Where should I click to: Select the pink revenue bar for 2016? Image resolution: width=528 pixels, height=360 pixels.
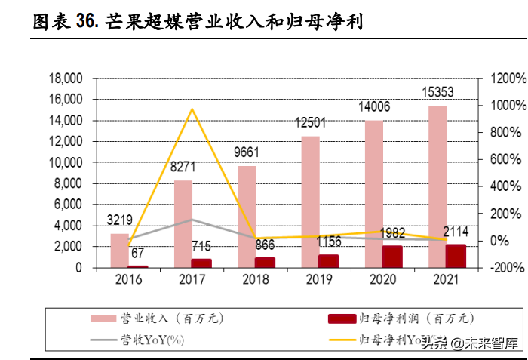[119, 251]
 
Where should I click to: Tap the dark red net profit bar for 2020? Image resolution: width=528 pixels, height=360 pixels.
[392, 257]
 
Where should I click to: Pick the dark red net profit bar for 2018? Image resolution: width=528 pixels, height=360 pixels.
[266, 262]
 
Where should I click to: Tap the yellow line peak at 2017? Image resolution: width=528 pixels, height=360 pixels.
[192, 109]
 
